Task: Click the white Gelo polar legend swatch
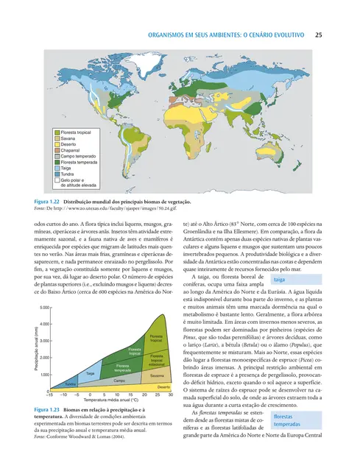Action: (x=56, y=181)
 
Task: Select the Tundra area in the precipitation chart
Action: (x=70, y=383)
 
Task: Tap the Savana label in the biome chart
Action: (x=156, y=376)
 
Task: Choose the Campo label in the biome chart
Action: (x=119, y=381)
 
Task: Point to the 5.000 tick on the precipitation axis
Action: (x=43, y=306)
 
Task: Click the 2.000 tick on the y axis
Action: (x=43, y=358)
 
